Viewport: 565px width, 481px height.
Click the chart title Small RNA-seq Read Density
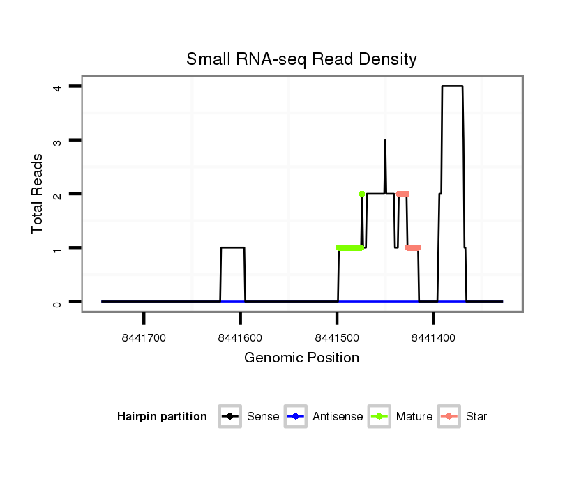click(301, 59)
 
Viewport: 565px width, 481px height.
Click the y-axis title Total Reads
click(38, 194)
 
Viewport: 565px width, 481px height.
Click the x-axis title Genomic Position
click(301, 358)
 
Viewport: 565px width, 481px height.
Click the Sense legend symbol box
click(229, 417)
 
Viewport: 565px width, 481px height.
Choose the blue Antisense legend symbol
click(295, 417)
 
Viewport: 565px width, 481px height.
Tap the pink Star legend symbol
click(449, 417)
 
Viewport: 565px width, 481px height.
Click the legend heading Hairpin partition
click(162, 417)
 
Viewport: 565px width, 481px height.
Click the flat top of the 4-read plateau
click(452, 86)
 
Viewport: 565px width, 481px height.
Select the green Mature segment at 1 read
click(349, 248)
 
